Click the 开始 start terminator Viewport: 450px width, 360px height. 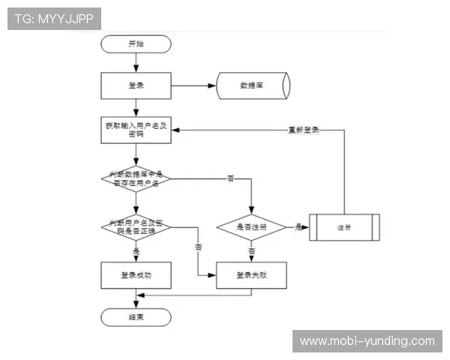pyautogui.click(x=136, y=43)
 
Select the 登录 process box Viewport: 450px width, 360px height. pyautogui.click(x=136, y=85)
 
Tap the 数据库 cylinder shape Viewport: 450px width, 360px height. pyautogui.click(x=252, y=85)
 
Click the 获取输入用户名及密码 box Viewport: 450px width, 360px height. pyautogui.click(x=136, y=130)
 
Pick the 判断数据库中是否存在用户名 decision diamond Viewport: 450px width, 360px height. pyautogui.click(x=136, y=178)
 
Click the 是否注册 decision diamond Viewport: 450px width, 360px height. pyautogui.click(x=252, y=226)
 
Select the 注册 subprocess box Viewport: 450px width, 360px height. pyautogui.click(x=344, y=226)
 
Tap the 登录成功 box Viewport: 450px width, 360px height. pyautogui.click(x=136, y=275)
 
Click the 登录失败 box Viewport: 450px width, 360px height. pyautogui.click(x=252, y=275)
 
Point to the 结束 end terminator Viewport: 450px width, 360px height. pyautogui.click(x=136, y=317)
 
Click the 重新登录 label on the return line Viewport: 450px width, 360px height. pyautogui.click(x=304, y=130)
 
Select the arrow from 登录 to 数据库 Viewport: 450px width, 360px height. pyautogui.click(x=193, y=85)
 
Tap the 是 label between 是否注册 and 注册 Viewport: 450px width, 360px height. pyautogui.click(x=298, y=226)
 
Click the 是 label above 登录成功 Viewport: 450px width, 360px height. pyautogui.click(x=136, y=250)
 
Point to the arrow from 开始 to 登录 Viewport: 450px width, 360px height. pyautogui.click(x=136, y=61)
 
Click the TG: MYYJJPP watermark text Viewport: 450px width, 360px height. pyautogui.click(x=53, y=19)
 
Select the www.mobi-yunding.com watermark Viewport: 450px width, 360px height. pyautogui.click(x=367, y=341)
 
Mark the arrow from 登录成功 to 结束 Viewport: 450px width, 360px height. pyautogui.click(x=136, y=298)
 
